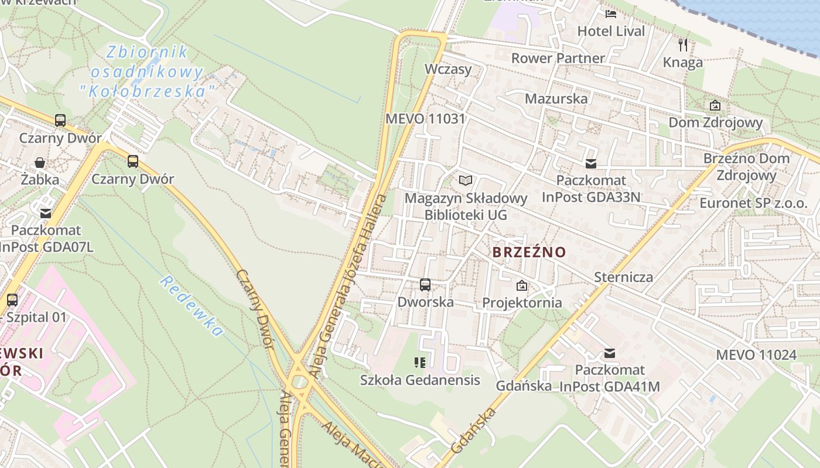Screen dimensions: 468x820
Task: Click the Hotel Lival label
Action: (x=611, y=31)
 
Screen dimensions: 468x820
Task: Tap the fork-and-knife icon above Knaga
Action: (x=683, y=44)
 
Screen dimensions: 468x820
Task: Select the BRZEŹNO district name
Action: (x=529, y=252)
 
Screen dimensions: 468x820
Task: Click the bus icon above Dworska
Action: (x=425, y=285)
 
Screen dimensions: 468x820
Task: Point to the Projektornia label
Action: (x=522, y=302)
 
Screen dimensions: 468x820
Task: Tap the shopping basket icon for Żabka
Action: (x=40, y=162)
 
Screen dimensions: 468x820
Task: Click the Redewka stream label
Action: (x=191, y=306)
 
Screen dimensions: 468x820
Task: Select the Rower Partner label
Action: (x=558, y=58)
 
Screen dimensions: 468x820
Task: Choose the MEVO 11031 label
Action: (x=425, y=119)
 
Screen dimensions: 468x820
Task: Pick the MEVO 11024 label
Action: (x=756, y=355)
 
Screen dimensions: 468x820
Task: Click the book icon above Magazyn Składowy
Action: (x=466, y=180)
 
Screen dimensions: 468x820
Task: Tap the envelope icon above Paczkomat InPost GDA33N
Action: (x=591, y=164)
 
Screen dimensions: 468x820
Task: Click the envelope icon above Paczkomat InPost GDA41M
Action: (x=610, y=353)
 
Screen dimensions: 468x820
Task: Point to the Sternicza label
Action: (x=623, y=277)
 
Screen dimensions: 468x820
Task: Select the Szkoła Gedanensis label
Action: (x=420, y=380)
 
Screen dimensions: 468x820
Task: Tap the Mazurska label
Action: (x=556, y=98)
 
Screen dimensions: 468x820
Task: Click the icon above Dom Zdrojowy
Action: (x=715, y=105)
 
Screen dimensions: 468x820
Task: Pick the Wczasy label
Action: (x=448, y=69)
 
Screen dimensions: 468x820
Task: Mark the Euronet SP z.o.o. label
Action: (x=753, y=203)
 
